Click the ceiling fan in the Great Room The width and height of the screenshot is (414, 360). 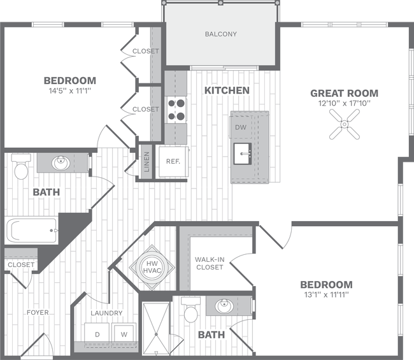pos(344,123)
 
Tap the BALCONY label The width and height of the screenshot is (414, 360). pos(221,34)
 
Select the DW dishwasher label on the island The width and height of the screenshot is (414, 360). pos(241,127)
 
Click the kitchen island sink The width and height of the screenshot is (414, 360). pos(244,154)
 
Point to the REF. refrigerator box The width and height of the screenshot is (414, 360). pos(173,161)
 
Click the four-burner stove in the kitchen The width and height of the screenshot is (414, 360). pos(176,109)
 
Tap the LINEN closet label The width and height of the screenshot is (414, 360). pos(146,161)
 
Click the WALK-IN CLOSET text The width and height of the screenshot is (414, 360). pos(210,263)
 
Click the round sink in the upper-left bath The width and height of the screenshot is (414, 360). pos(61,162)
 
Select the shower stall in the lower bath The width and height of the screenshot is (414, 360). pos(156,328)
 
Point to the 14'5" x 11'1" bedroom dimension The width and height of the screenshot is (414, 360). pos(69,92)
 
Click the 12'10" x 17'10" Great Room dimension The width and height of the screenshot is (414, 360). pos(344,103)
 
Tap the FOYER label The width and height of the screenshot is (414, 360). pos(38,312)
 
